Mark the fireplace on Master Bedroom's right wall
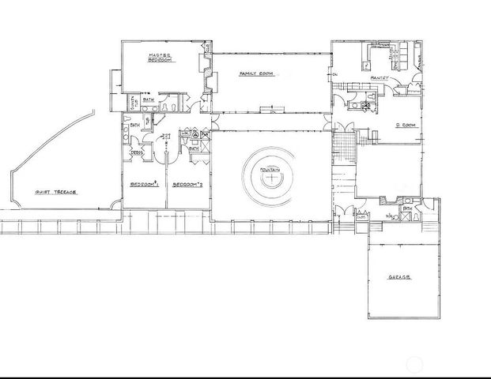208,79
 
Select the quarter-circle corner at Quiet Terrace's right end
116,205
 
